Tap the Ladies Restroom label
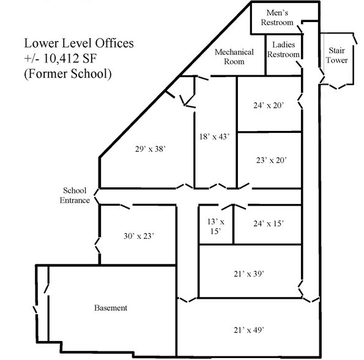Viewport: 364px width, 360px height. (x=284, y=50)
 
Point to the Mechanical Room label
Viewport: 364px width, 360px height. (x=229, y=56)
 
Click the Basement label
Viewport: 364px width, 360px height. (x=111, y=308)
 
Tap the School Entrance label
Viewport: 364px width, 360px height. (x=75, y=195)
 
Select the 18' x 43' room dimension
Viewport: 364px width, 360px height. (x=214, y=137)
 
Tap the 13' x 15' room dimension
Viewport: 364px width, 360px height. (x=214, y=227)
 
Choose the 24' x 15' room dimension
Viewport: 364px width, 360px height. (x=269, y=224)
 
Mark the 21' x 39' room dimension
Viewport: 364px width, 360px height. (x=249, y=274)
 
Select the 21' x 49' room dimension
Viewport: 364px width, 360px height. (x=249, y=330)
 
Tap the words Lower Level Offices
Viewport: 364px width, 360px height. (x=79, y=44)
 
